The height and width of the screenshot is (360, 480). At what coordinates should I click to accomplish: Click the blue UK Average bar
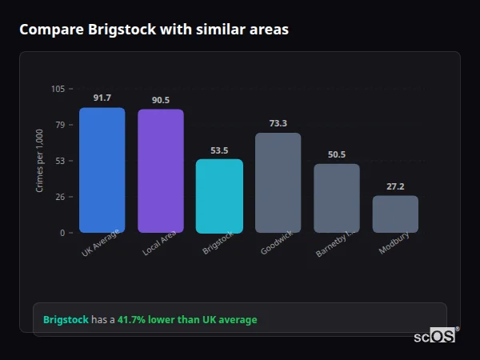click(102, 170)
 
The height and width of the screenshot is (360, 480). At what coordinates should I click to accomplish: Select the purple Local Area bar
click(160, 171)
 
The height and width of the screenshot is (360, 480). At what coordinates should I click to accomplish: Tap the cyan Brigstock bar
click(219, 196)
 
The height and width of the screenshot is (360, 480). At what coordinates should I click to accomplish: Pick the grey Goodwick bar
click(278, 183)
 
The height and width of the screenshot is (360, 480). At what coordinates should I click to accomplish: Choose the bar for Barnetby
click(336, 198)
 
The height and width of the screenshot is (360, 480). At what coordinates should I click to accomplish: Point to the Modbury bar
click(395, 214)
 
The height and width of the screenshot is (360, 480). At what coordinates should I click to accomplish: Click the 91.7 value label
click(102, 98)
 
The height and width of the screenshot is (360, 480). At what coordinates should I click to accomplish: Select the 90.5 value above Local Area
click(160, 100)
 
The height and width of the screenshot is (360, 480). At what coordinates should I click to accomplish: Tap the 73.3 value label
click(278, 123)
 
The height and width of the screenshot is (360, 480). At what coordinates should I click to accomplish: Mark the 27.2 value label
click(395, 186)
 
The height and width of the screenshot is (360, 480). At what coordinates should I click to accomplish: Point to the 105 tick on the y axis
click(58, 89)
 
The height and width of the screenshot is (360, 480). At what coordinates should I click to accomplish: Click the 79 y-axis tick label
click(60, 125)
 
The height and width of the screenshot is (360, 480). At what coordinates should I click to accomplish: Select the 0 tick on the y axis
click(62, 233)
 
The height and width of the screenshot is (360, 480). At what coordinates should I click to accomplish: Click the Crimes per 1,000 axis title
click(39, 160)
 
